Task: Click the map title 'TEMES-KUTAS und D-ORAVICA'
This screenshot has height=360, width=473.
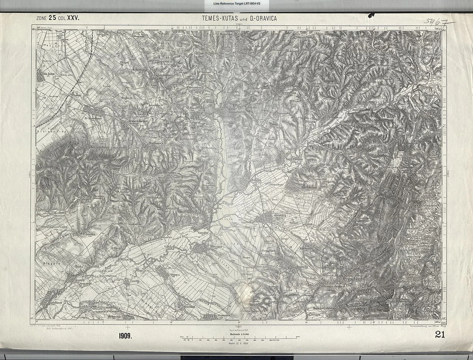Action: [x=239, y=17]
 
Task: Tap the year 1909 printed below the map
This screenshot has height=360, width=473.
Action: [x=125, y=336]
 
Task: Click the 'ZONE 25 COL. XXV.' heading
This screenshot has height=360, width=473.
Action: [x=58, y=17]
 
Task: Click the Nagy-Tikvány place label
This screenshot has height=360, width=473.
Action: [x=295, y=159]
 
